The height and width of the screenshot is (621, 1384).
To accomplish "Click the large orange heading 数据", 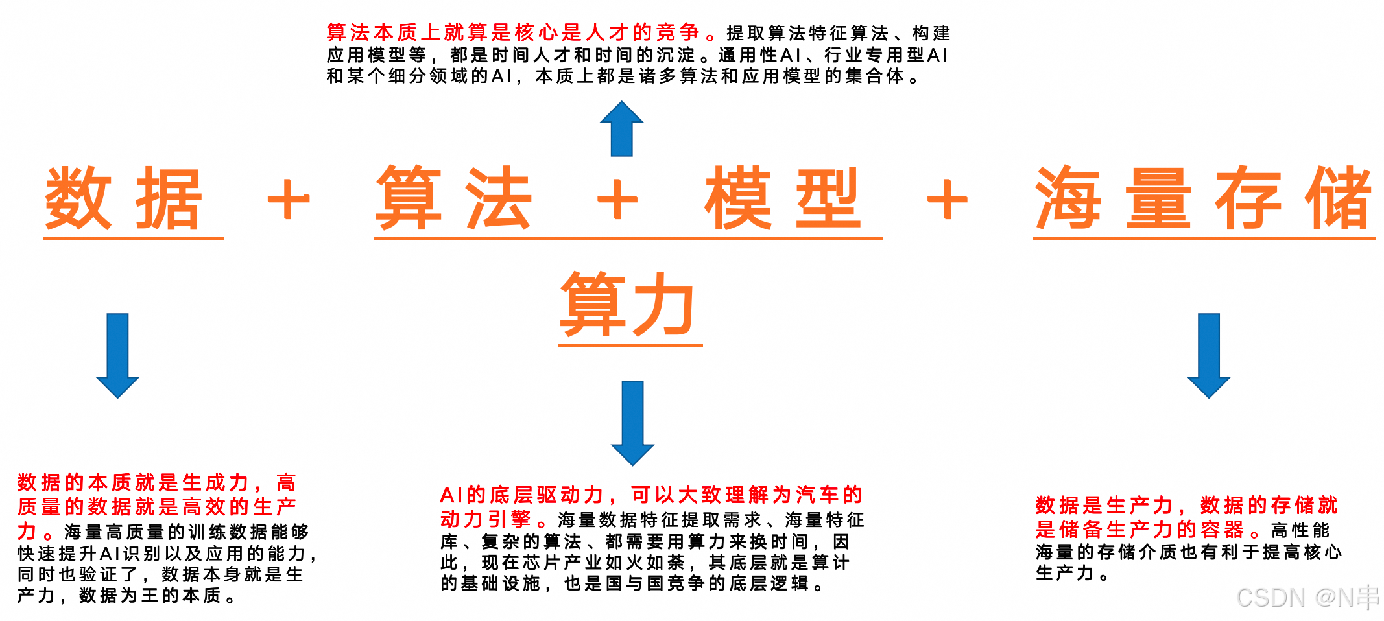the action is point(123,199).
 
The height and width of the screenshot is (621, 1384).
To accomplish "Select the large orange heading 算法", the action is point(454,199).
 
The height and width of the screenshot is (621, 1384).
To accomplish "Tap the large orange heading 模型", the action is point(783,199).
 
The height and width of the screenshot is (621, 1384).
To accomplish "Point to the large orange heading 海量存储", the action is point(1203,199).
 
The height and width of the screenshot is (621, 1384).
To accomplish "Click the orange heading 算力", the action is point(628,305).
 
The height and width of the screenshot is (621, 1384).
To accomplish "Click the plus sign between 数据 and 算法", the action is point(289,200).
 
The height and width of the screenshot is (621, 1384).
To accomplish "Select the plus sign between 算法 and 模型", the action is point(617,200).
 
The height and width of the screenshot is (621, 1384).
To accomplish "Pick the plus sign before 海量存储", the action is point(947,200).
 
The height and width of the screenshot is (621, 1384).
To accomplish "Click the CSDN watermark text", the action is point(1307,598).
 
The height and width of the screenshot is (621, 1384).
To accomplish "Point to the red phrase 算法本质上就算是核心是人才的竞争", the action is point(512,32).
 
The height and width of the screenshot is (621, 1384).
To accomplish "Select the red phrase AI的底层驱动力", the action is point(522,495).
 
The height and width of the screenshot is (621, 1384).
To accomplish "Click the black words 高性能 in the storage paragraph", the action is point(1300,530).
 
